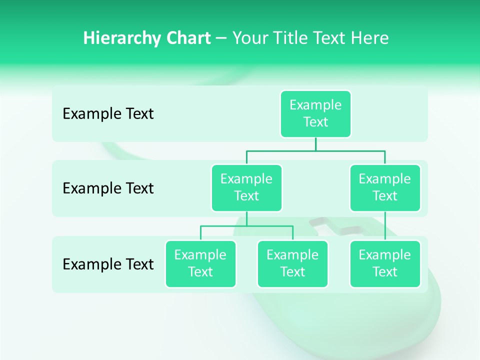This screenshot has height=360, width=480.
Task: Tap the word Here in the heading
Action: [370, 38]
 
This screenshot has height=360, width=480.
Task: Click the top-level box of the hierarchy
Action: [315, 114]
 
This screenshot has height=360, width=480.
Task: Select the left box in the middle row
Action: [246, 188]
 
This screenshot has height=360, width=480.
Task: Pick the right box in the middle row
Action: [385, 188]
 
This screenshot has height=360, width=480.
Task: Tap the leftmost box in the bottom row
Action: [200, 264]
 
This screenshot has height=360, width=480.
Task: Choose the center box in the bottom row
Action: [292, 264]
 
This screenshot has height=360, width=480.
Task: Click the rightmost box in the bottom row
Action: [385, 264]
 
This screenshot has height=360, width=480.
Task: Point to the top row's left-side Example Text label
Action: [108, 114]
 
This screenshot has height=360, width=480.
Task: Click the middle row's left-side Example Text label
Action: [108, 188]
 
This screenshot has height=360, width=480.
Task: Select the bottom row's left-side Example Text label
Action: [108, 264]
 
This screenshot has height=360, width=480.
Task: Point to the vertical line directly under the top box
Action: [315, 144]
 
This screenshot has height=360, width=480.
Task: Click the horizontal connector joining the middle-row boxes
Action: [315, 150]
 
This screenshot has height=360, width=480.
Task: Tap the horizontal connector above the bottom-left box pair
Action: [246, 226]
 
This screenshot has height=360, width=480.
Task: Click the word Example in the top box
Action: [315, 105]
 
